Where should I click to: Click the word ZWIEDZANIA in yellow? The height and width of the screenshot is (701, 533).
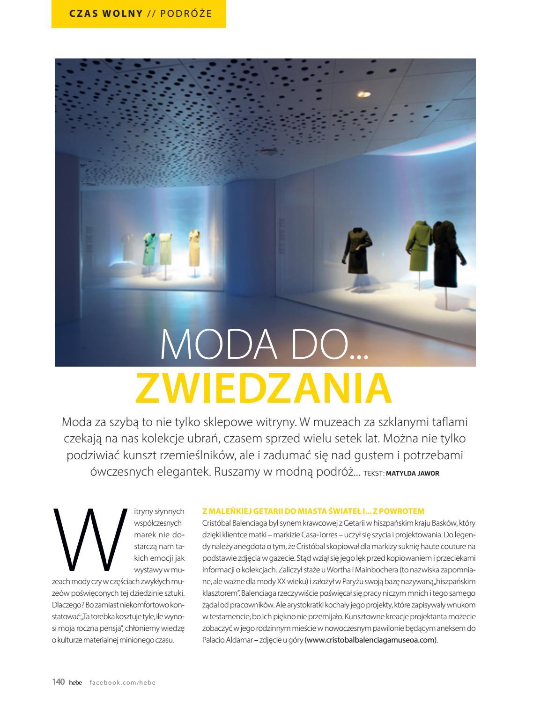[263, 388]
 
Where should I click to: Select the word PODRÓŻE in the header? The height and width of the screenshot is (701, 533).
[186, 13]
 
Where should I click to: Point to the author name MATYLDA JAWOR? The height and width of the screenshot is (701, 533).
[413, 473]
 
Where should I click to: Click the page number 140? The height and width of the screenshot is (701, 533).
[58, 682]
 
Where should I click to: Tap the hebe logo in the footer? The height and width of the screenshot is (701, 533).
[75, 682]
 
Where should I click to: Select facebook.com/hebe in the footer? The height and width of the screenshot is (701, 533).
[122, 682]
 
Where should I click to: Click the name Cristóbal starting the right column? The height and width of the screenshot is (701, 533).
[216, 523]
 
